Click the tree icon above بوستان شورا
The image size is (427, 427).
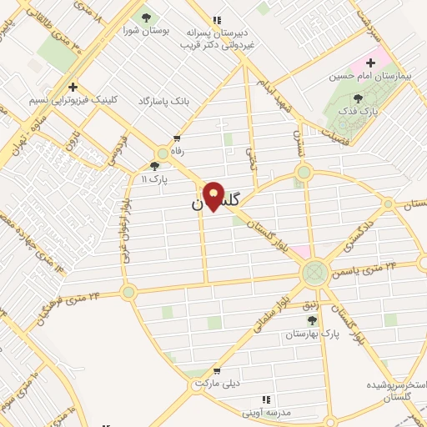147,17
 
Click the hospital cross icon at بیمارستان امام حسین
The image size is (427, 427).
370,63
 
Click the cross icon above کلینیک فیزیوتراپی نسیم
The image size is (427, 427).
73,86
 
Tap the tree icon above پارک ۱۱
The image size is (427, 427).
162,166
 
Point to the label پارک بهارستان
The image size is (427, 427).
309,334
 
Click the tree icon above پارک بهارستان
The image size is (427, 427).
313,320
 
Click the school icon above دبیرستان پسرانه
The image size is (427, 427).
218,19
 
